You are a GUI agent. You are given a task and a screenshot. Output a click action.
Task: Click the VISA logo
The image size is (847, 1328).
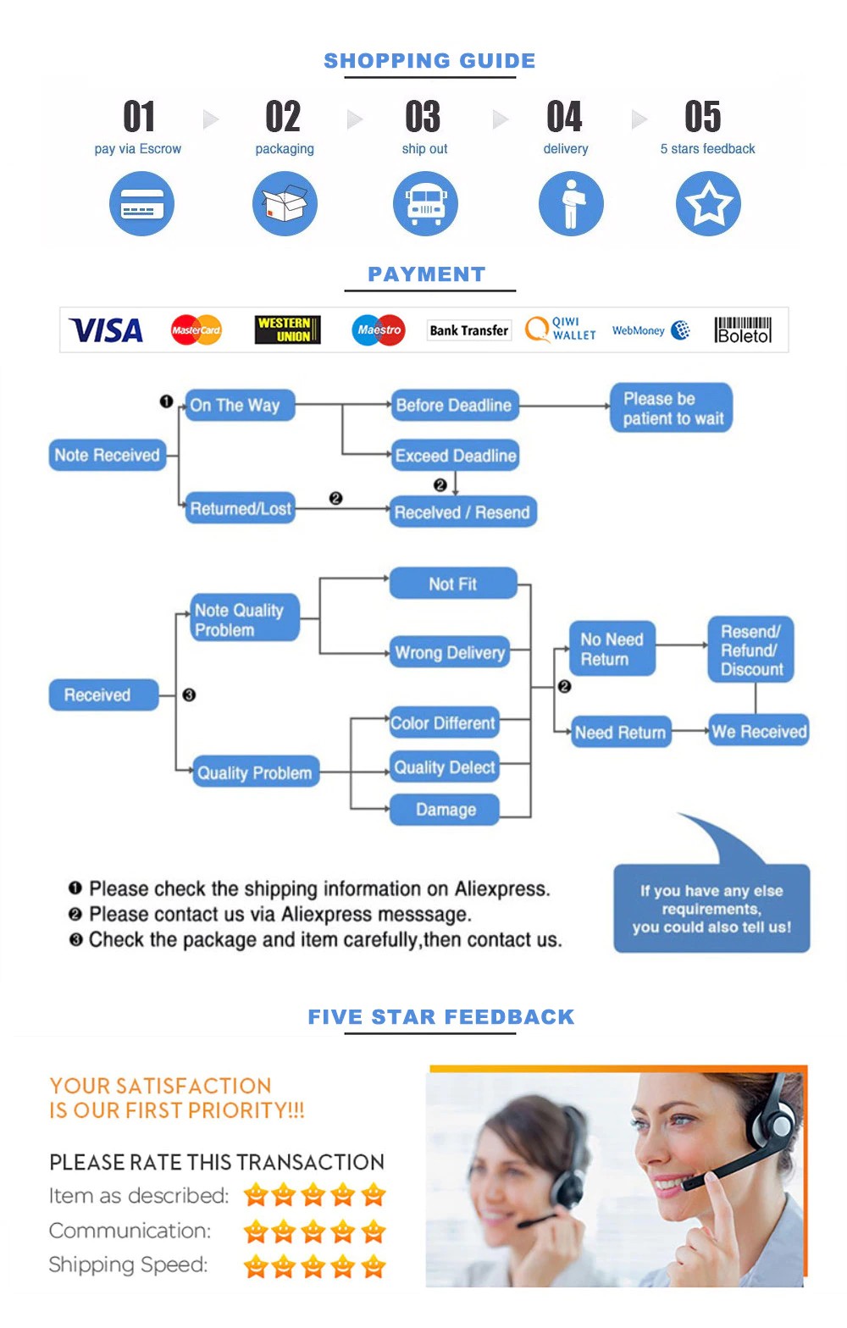tap(106, 330)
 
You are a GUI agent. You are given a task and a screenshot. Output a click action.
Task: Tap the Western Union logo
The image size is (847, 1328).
tap(288, 329)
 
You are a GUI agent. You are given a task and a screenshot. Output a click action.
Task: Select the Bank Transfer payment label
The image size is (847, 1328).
tap(468, 330)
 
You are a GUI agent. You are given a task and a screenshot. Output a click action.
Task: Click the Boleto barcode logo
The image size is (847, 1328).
tap(743, 329)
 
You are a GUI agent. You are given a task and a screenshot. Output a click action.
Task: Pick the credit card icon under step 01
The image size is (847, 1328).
tap(141, 204)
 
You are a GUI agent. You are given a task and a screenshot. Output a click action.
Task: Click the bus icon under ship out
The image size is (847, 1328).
tap(425, 204)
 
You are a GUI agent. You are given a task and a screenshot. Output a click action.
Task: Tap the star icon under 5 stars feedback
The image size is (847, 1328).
tap(708, 204)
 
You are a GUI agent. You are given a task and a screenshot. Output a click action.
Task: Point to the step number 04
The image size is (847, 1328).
tap(564, 117)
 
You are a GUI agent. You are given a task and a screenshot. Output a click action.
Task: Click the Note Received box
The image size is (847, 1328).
tap(108, 455)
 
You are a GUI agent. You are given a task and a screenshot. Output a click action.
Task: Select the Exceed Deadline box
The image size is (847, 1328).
tap(455, 456)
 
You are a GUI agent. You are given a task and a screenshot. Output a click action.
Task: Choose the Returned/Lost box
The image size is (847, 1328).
tap(241, 508)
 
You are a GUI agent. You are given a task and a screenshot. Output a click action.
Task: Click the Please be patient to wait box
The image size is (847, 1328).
tap(672, 408)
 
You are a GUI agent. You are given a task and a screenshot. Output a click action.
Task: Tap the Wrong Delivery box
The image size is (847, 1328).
tap(450, 652)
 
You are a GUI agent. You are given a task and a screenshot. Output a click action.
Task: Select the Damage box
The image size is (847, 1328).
tap(445, 810)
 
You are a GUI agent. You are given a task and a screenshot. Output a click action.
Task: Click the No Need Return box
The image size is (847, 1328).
tap(612, 649)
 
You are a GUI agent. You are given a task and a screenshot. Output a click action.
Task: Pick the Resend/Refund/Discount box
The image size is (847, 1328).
tap(750, 650)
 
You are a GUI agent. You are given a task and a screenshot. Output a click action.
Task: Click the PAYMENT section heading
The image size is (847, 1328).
tap(427, 274)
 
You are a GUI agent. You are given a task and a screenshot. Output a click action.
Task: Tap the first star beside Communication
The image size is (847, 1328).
tap(256, 1231)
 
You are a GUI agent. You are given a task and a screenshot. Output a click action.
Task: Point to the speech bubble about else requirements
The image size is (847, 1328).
tap(711, 908)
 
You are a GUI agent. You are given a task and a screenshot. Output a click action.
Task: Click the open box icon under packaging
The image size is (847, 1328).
tap(285, 204)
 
